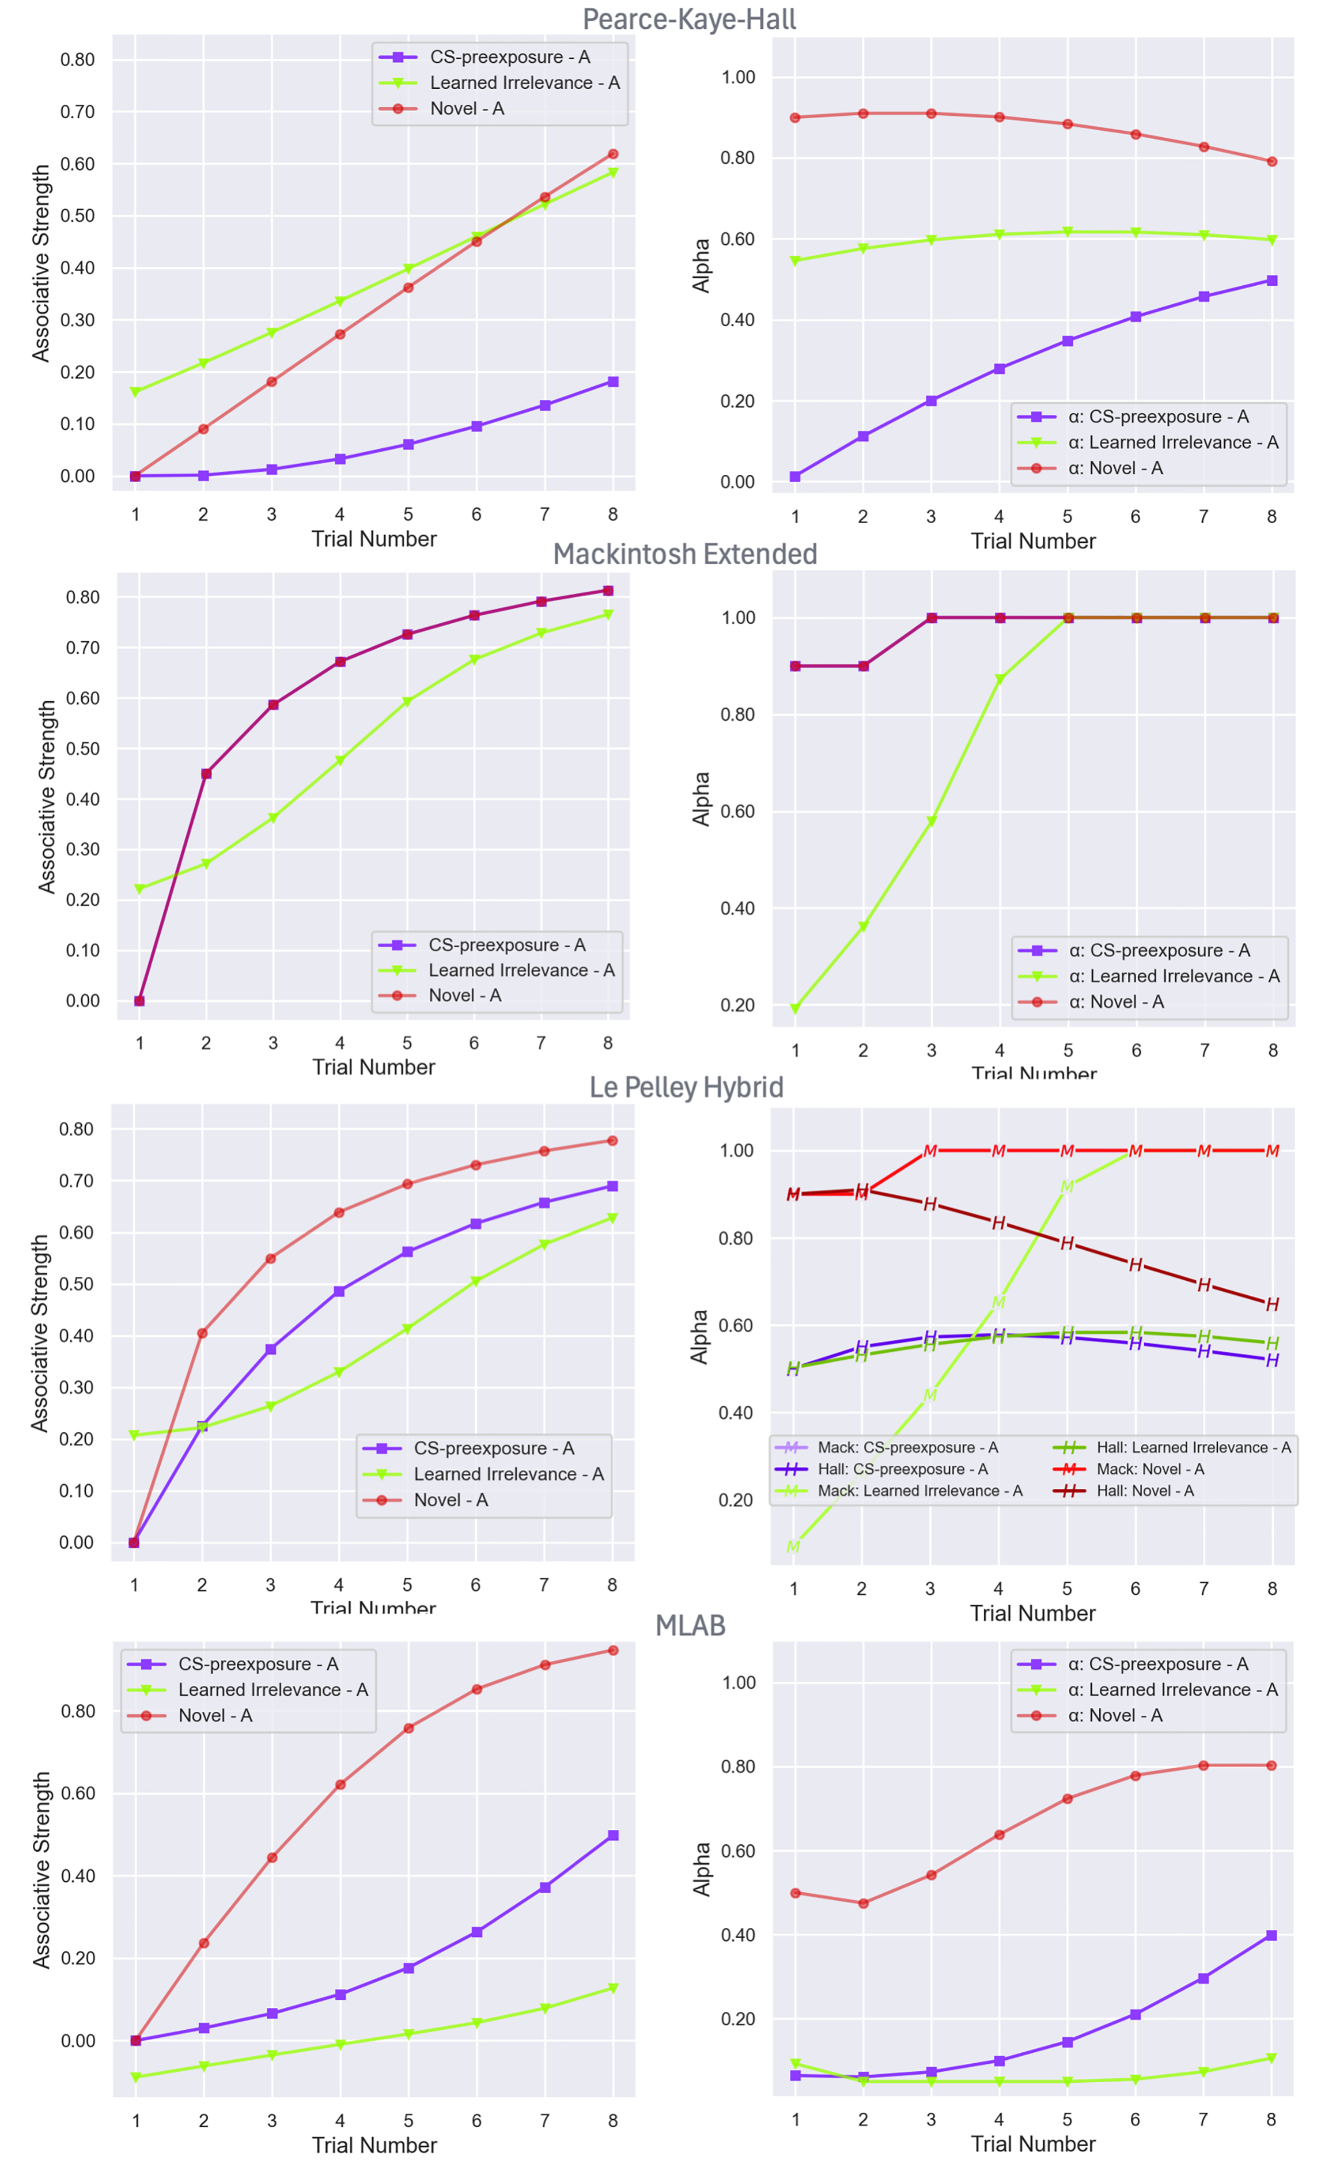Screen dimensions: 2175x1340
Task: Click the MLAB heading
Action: point(690,1625)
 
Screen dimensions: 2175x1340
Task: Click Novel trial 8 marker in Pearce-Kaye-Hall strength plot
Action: point(612,154)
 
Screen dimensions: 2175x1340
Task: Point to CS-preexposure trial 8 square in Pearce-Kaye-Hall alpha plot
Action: point(1272,280)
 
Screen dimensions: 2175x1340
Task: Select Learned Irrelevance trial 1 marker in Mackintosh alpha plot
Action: point(795,1009)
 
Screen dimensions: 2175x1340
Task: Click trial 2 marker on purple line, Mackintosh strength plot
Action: point(206,774)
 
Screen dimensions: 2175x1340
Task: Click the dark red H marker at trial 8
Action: point(1272,1304)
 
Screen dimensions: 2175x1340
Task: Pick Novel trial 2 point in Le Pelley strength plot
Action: point(202,1333)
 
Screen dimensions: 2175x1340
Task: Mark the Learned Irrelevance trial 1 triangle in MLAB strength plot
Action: point(135,2076)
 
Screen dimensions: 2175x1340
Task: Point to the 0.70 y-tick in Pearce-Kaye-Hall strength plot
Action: point(77,112)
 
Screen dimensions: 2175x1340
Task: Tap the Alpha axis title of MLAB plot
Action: point(701,1870)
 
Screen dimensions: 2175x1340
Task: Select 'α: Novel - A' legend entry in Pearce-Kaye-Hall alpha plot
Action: point(1114,468)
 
